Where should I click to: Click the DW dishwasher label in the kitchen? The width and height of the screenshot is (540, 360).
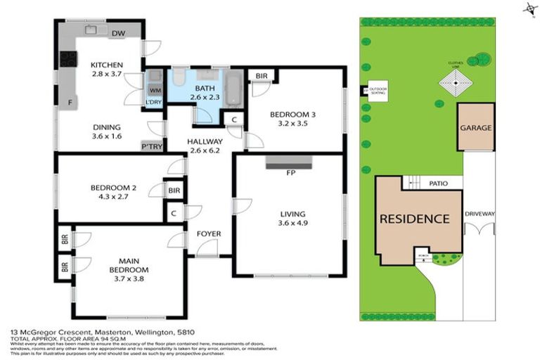(118, 33)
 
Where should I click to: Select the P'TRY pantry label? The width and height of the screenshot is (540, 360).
(151, 146)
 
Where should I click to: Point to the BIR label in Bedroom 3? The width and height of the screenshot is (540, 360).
(262, 76)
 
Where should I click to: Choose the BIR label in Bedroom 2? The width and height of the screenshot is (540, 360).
(173, 190)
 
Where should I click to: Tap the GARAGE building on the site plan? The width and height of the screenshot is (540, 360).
(475, 128)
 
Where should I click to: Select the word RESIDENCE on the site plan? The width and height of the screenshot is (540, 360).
(414, 219)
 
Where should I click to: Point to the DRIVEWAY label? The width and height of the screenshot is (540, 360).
(480, 213)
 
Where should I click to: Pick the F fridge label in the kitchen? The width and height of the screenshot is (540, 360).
(70, 103)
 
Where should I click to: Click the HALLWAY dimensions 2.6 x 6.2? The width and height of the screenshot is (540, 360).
(204, 150)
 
